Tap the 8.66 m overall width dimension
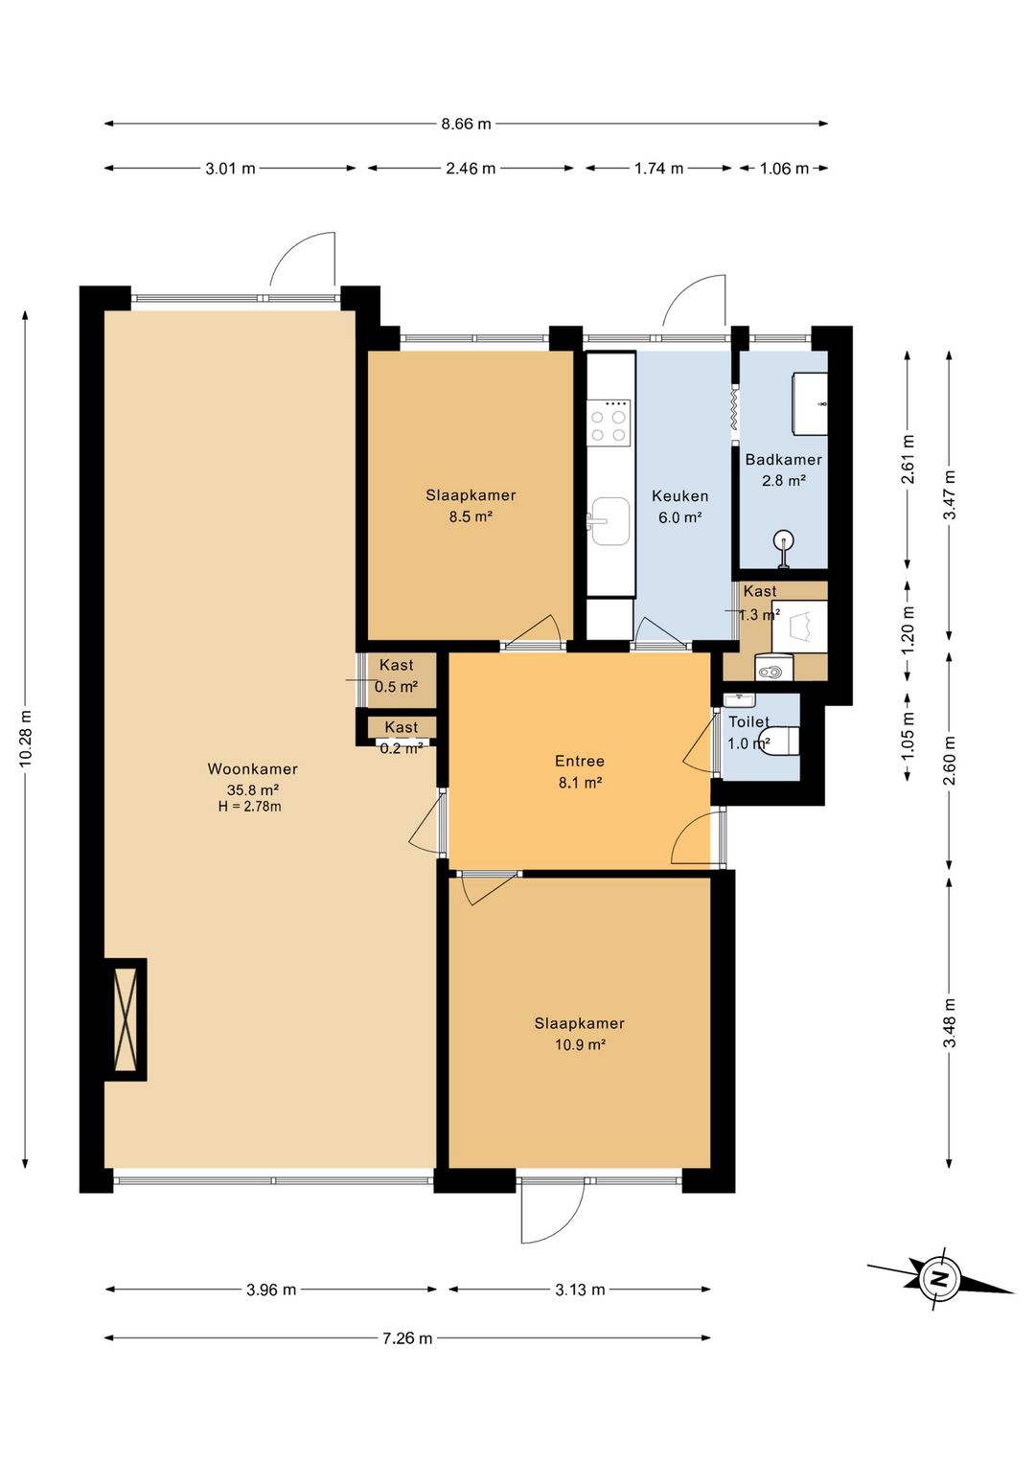466,124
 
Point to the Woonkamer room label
253,768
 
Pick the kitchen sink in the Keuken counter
609,520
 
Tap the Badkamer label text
784,459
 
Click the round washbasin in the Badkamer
784,542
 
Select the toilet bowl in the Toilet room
784,741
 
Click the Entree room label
580,761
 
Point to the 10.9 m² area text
581,1044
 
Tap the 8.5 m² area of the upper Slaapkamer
471,517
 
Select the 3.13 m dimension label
581,1289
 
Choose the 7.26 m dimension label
407,1338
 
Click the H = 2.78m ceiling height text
250,807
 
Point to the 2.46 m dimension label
471,169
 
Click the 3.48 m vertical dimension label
950,1023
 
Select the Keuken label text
679,496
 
